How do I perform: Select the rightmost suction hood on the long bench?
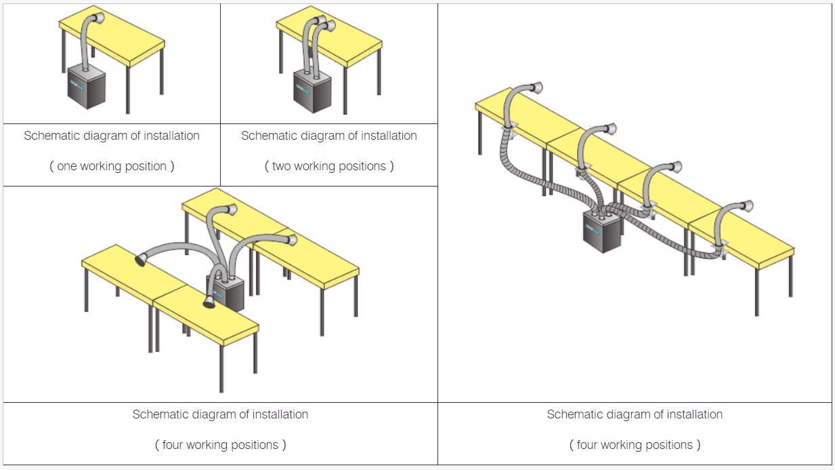tap(745, 205)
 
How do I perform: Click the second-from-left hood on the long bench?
tap(608, 129)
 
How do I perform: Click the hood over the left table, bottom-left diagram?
tap(142, 259)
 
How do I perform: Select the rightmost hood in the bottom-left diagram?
tap(291, 239)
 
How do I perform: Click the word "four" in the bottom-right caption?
tap(591, 445)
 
